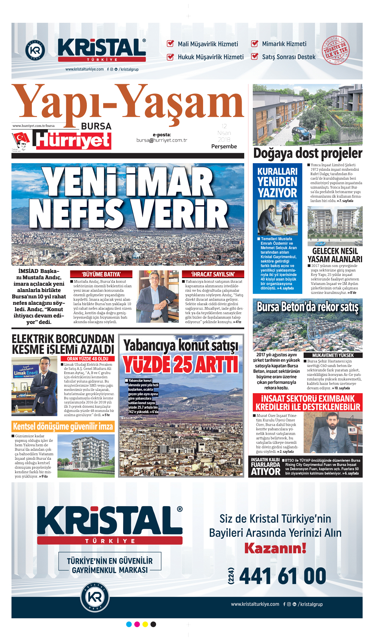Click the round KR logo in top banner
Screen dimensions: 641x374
pos(35,51)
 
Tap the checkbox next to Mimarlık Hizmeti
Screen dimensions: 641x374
pos(255,43)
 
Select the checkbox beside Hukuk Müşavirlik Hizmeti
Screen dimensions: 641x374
pos(170,57)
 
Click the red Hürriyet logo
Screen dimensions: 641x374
pos(73,140)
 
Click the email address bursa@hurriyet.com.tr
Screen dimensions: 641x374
pos(162,140)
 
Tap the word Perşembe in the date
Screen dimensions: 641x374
pos(224,146)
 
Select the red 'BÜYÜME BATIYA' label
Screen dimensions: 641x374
pos(101,274)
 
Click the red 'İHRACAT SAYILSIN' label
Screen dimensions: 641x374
pos(213,274)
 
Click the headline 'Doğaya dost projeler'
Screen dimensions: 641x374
pos(307,153)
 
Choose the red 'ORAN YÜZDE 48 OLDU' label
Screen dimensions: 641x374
pos(88,359)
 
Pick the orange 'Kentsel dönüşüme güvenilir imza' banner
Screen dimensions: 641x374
pos(63,426)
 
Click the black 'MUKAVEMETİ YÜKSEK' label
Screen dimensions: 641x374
pos(333,355)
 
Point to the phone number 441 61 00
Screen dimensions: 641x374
pos(282,576)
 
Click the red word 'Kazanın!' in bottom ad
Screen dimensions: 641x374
pos(275,548)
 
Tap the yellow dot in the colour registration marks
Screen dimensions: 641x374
pos(145,624)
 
